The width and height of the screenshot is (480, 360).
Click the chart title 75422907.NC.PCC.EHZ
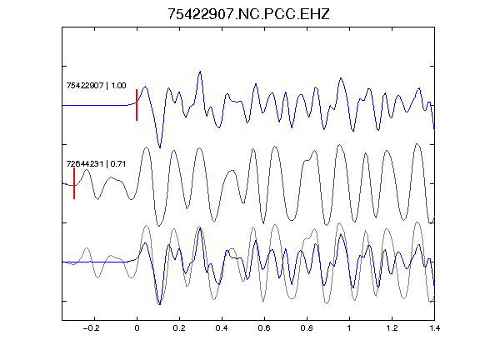(248, 14)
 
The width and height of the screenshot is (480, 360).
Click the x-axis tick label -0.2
(92, 328)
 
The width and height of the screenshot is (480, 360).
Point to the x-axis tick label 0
(137, 328)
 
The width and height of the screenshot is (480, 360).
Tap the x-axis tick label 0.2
(179, 328)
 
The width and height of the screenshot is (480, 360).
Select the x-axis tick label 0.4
(222, 328)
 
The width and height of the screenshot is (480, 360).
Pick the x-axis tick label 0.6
(264, 328)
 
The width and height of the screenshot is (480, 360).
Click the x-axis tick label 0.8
(307, 328)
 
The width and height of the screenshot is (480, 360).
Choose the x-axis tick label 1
(349, 328)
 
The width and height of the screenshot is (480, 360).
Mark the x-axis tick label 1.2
(392, 328)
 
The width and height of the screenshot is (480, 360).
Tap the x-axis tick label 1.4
(434, 328)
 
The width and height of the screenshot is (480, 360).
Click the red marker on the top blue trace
(137, 105)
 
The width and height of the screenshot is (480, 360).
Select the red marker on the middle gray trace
(74, 183)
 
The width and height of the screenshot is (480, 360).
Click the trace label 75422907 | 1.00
(96, 85)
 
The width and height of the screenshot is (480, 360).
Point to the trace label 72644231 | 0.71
(96, 164)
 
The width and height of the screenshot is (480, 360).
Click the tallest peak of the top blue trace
(200, 72)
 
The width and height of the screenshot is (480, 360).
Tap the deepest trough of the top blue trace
(160, 147)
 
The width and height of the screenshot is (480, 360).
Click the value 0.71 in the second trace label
(118, 164)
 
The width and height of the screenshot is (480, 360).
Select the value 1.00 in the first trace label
(118, 85)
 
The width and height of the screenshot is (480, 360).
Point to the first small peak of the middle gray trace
(87, 170)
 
